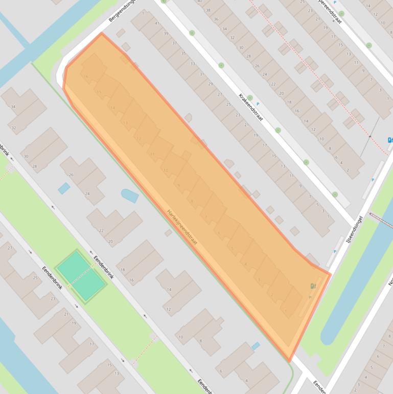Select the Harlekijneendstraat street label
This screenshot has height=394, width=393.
point(182,226)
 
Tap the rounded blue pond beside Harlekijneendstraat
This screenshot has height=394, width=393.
point(129,195)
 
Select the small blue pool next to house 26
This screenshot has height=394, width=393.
point(64,188)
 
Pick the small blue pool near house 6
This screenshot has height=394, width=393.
point(255,346)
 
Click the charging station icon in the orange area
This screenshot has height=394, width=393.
point(313,287)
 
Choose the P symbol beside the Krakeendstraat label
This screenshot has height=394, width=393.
point(258,104)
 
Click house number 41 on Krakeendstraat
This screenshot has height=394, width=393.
point(157,24)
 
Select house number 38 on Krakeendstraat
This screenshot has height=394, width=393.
point(207,10)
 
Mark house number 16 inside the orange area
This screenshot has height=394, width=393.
point(86,77)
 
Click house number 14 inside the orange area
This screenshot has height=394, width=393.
point(112,108)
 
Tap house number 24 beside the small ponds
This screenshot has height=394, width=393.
point(87,194)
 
